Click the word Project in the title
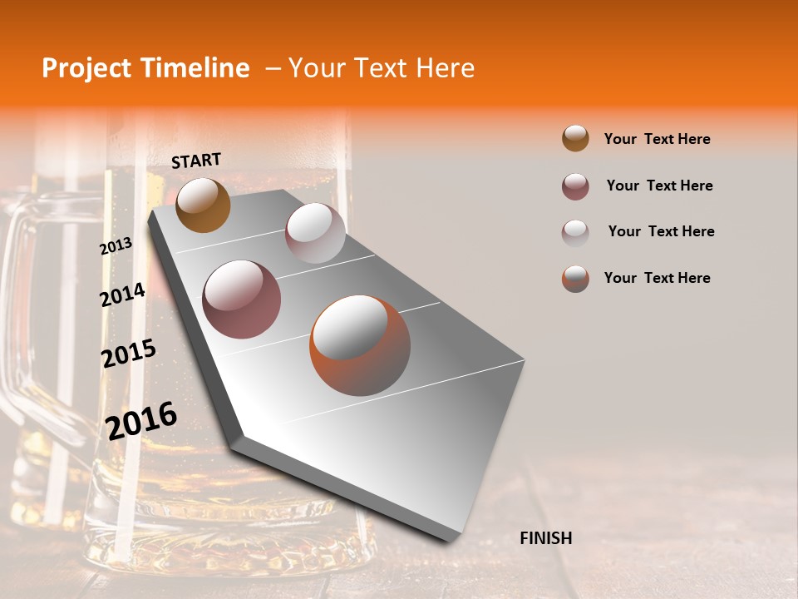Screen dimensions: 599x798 click(x=86, y=69)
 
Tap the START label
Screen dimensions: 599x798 click(x=196, y=161)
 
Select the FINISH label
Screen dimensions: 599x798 click(x=545, y=538)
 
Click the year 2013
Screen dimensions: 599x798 click(x=116, y=246)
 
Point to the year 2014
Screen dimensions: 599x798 click(x=122, y=295)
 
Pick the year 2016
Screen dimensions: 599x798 click(x=141, y=421)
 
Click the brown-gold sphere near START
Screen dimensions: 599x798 click(x=203, y=205)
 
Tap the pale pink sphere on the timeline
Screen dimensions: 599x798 click(x=315, y=233)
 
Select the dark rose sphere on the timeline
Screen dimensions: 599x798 click(x=242, y=299)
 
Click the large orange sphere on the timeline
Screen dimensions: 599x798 click(x=360, y=345)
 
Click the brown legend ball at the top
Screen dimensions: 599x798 click(x=575, y=138)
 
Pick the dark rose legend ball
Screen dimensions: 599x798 click(x=575, y=186)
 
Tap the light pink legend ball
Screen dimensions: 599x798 click(x=575, y=232)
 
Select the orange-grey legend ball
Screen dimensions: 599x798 click(x=575, y=279)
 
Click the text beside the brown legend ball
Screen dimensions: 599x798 click(x=657, y=139)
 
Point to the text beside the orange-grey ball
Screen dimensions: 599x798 click(x=657, y=278)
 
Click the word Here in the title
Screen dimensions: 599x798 click(x=445, y=68)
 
